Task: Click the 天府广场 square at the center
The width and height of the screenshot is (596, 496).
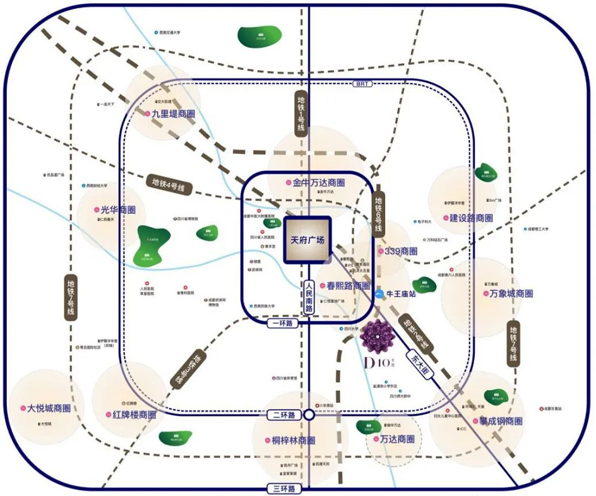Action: [x=307, y=240]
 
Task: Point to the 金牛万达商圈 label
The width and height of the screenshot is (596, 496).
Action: [x=319, y=183]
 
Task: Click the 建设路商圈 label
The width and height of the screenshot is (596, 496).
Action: [x=471, y=218]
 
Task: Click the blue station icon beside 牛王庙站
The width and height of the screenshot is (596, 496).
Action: [x=378, y=293]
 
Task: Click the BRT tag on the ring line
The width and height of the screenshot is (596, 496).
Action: [x=361, y=83]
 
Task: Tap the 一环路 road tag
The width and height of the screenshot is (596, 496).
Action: [x=282, y=323]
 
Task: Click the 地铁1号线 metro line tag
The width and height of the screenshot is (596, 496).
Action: [x=301, y=112]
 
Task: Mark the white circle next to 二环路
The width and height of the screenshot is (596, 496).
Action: [x=309, y=415]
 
